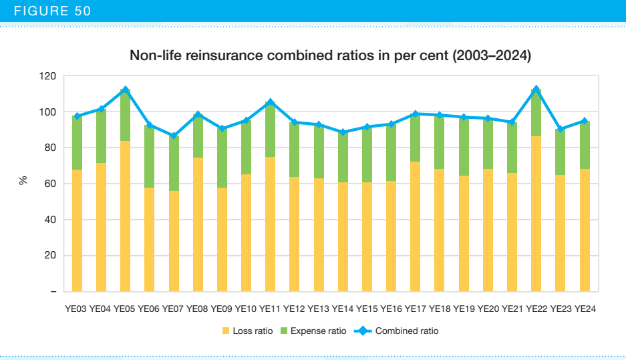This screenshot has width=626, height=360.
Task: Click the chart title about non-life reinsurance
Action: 330,56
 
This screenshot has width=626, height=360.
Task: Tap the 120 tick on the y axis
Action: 47,76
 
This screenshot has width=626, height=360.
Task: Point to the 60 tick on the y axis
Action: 50,184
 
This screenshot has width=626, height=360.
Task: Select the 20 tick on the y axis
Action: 50,256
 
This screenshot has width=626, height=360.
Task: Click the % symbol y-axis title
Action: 23,180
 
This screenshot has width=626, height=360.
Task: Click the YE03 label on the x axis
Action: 77,309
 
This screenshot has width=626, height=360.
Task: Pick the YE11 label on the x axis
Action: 271,309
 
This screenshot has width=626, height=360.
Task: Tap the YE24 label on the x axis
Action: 585,309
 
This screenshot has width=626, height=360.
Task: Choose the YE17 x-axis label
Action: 416,309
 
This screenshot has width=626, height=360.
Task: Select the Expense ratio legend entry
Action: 313,331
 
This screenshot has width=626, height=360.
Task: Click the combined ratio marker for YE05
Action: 125,89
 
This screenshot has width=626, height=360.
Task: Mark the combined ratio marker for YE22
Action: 536,89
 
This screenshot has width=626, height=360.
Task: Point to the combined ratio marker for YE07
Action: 174,136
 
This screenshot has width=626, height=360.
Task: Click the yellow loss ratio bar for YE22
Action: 536,214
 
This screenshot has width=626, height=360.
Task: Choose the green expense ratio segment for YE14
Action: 343,157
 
